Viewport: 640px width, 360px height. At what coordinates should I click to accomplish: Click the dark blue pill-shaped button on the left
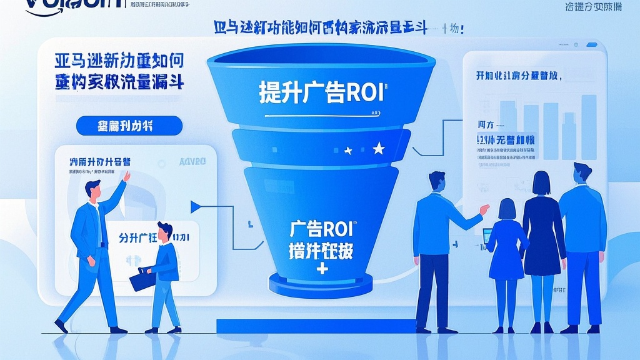click(129, 126)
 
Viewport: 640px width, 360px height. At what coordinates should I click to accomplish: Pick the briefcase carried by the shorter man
click(142, 279)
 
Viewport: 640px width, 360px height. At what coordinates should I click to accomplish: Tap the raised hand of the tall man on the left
click(127, 177)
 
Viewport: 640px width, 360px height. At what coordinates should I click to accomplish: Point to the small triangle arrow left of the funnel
click(195, 206)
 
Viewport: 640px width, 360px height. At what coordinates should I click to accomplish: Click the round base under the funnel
click(321, 284)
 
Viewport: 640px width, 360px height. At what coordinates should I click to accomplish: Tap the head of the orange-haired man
click(165, 231)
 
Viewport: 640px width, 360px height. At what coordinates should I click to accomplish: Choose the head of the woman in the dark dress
click(541, 182)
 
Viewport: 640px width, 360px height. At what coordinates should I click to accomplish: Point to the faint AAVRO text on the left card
click(192, 162)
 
